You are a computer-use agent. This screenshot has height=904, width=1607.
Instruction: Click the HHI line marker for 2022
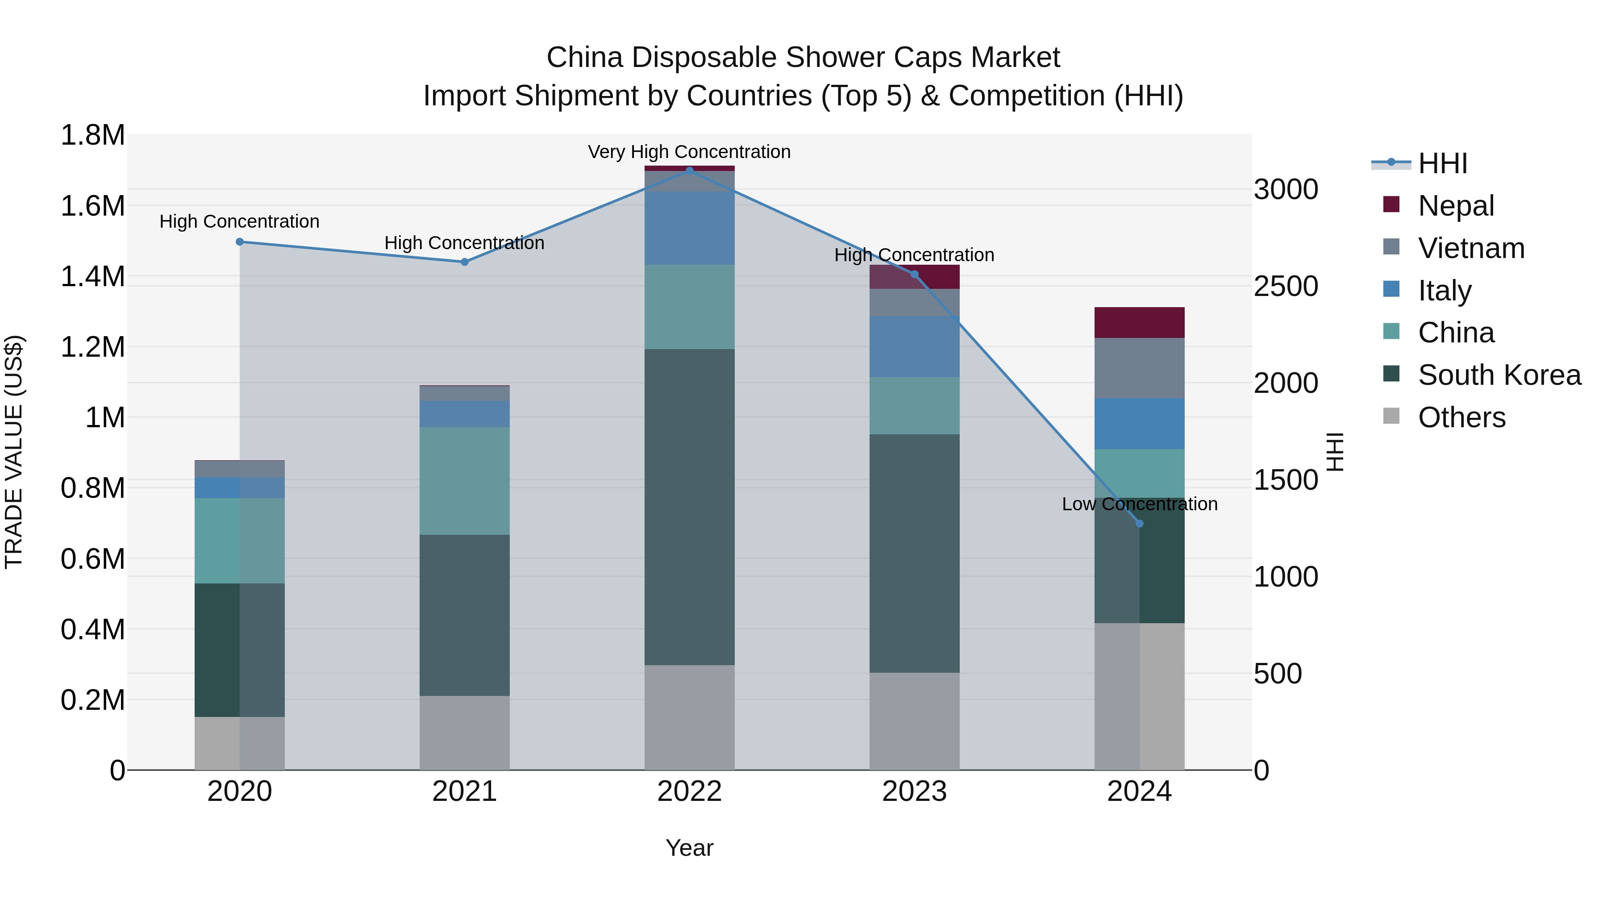pos(689,171)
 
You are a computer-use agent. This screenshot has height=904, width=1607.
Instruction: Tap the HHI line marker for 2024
pos(1139,524)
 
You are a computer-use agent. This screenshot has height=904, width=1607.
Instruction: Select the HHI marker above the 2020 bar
pos(240,242)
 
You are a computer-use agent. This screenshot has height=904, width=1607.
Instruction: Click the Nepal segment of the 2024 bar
pos(1139,323)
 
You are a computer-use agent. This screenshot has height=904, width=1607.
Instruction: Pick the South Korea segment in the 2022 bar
pos(689,507)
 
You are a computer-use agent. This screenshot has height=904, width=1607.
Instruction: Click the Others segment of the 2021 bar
pos(464,733)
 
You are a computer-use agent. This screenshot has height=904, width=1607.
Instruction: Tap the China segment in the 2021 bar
pos(464,480)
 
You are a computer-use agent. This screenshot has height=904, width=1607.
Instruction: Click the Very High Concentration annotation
pos(689,152)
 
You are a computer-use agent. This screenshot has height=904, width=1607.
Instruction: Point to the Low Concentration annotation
pos(1139,504)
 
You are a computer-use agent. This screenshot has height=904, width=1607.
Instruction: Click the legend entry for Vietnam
pos(1470,248)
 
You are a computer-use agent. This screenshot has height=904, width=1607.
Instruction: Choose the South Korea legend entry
pos(1499,375)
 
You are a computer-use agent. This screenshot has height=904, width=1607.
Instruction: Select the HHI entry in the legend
pos(1442,163)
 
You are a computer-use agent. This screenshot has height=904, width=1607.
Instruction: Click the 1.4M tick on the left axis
pos(92,276)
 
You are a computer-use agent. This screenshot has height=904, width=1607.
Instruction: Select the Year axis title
pos(689,848)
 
